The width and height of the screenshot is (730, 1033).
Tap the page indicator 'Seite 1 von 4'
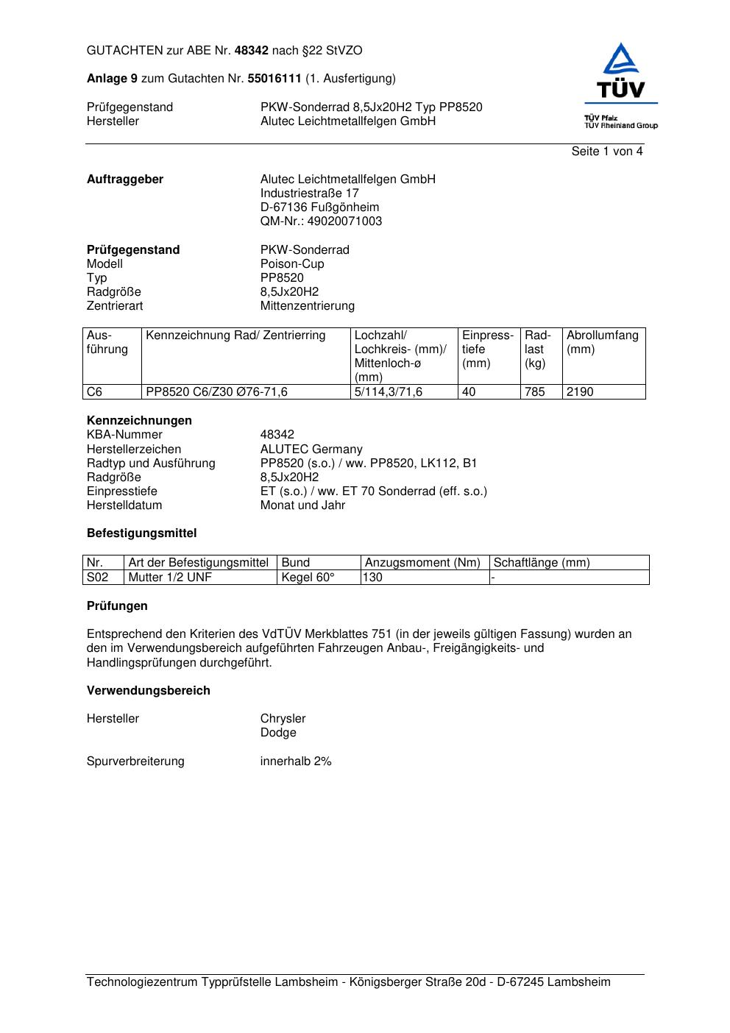tap(606, 152)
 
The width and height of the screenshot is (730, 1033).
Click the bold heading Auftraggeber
tap(125, 180)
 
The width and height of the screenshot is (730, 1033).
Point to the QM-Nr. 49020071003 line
tap(321, 221)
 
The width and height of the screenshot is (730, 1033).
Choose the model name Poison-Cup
tap(292, 264)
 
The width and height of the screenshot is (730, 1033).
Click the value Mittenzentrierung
tap(307, 306)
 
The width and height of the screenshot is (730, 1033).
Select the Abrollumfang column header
tap(602, 342)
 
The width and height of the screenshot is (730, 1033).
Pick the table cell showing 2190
tap(580, 392)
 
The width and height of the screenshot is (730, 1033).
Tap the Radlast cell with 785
tap(535, 392)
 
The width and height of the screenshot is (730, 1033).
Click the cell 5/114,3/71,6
tap(389, 392)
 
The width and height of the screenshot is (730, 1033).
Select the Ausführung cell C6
tap(95, 392)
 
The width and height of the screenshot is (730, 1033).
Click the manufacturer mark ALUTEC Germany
tap(311, 450)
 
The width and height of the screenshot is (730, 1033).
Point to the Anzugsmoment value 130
tap(373, 578)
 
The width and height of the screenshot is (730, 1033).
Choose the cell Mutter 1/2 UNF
tap(170, 578)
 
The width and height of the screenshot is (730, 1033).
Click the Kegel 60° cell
tap(308, 578)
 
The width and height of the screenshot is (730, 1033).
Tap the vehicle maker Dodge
tap(278, 733)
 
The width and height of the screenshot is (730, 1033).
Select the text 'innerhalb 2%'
tap(296, 762)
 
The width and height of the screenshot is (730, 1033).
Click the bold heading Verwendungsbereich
tap(149, 691)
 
